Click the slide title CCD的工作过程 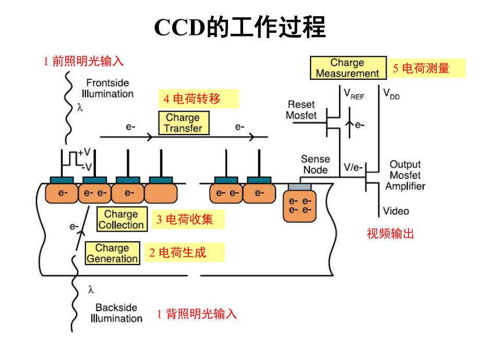point(239,27)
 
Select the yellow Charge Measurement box point(347,68)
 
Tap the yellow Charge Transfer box point(183,123)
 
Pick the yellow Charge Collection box point(121,220)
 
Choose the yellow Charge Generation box point(112,253)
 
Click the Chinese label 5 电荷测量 point(426,68)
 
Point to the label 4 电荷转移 point(198,99)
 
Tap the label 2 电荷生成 point(184,253)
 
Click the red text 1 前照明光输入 point(83,62)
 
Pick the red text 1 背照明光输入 point(197,314)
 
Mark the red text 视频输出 point(390,234)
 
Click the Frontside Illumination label point(110,88)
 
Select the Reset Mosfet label point(301,110)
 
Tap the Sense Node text point(315,164)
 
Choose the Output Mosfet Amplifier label point(407,175)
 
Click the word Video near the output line point(396,211)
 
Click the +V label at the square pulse point(85,152)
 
